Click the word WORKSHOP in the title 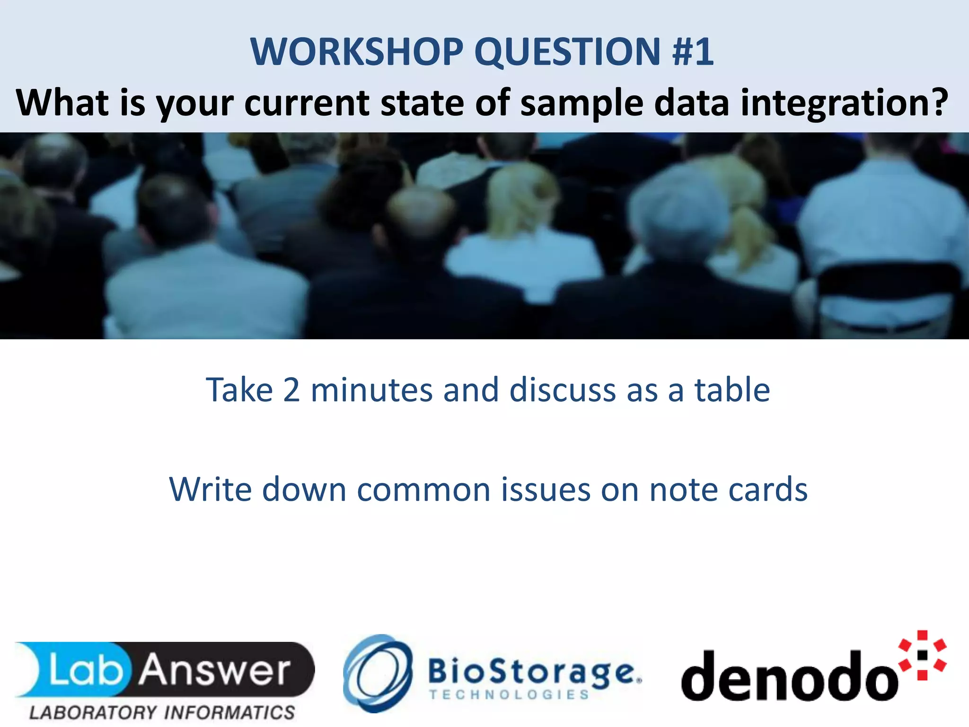[x=356, y=52]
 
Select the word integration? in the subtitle [x=844, y=103]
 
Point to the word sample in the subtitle [x=581, y=103]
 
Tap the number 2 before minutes [x=291, y=390]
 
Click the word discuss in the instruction [x=563, y=390]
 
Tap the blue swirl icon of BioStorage [x=377, y=673]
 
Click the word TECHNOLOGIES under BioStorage [x=509, y=695]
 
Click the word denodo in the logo [x=788, y=677]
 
